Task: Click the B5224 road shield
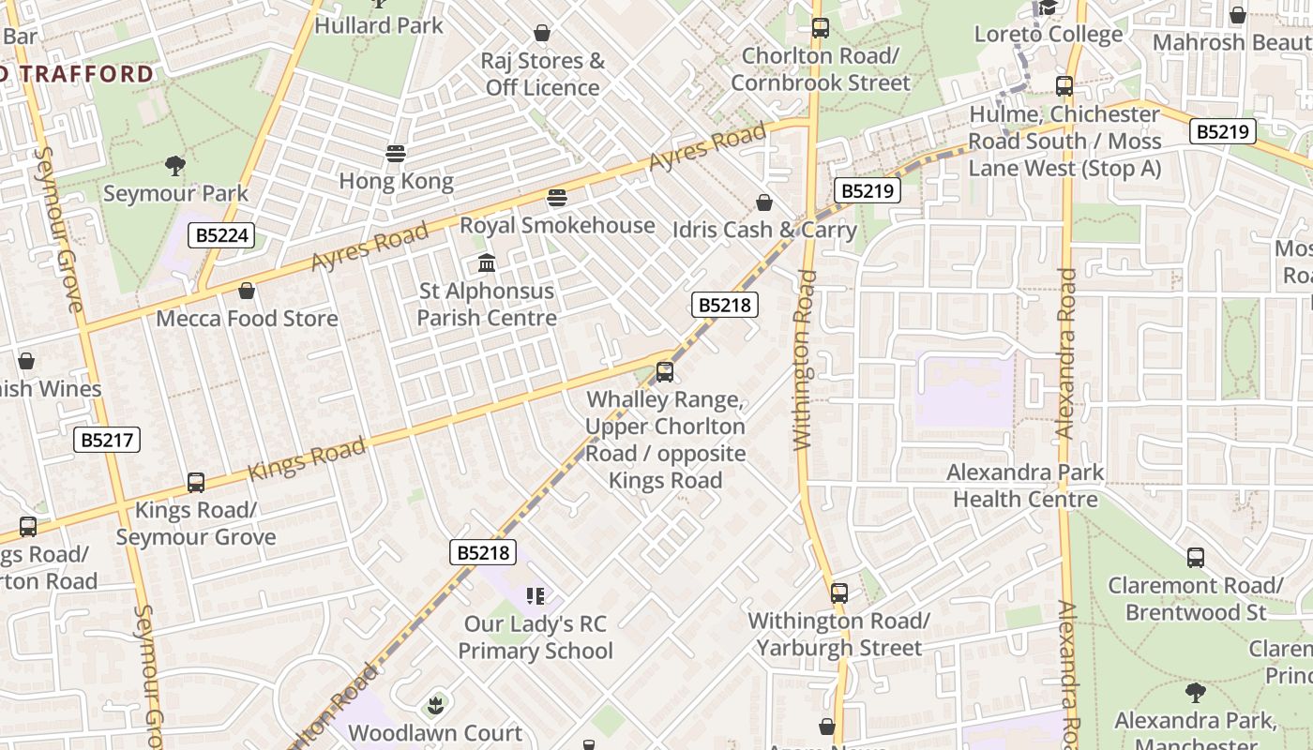pos(221,235)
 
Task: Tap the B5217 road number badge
pos(107,440)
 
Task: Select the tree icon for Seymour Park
pos(174,167)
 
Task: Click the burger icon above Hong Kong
pos(396,154)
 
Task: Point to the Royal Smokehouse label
pos(557,225)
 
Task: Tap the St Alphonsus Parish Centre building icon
pos(486,263)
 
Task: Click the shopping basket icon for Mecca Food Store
pos(247,292)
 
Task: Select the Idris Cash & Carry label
pos(764,230)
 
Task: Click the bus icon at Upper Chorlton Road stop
pos(665,372)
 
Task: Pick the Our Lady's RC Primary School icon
pos(536,596)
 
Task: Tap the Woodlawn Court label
pos(435,732)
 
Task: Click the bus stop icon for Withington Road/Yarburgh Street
pos(838,593)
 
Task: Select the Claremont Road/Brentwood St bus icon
pos(1196,558)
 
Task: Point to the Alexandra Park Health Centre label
pos(1025,486)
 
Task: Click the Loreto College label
pos(1048,35)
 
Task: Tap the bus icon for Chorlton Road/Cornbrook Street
pos(821,28)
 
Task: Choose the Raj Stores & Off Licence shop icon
pos(542,34)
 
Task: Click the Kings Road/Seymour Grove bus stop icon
pos(196,483)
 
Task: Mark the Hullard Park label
pos(379,25)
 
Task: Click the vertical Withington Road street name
pos(805,361)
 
